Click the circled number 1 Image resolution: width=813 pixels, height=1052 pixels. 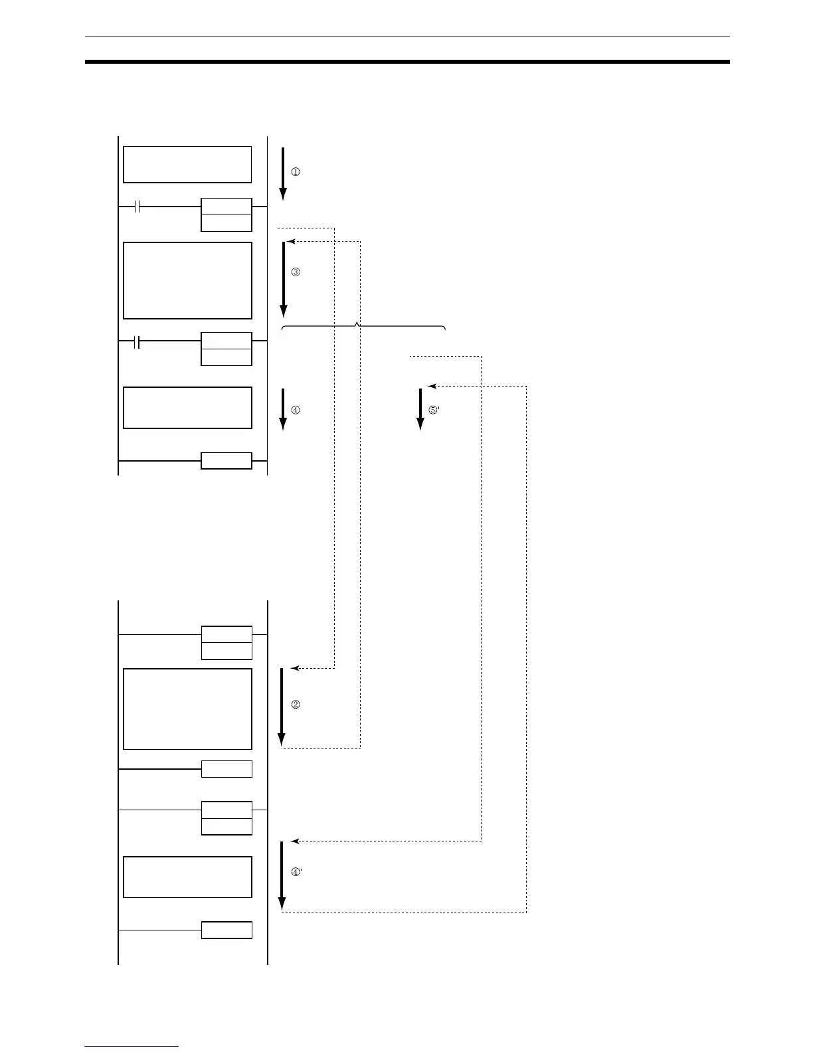[296, 172]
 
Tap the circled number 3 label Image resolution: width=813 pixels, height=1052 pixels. [296, 272]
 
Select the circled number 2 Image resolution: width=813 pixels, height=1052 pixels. [296, 705]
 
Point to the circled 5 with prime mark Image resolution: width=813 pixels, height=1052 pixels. [434, 410]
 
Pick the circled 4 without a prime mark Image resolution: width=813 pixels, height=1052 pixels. [296, 410]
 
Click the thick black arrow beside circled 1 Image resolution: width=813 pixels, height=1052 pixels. [283, 173]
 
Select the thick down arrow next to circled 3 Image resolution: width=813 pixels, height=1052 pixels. [284, 279]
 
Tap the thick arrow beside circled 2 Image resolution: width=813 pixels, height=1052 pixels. [282, 707]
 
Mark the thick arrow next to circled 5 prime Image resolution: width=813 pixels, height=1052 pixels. [420, 409]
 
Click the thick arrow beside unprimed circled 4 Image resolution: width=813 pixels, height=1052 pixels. [283, 409]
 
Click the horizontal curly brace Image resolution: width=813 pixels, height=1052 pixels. [363, 327]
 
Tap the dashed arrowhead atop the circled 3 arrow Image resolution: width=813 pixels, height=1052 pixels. [290, 242]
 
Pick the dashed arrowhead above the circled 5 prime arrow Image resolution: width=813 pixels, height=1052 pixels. [432, 386]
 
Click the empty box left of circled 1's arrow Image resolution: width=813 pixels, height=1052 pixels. [187, 164]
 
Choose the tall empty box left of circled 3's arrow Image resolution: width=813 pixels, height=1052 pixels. [187, 280]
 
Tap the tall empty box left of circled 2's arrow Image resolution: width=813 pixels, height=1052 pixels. [187, 709]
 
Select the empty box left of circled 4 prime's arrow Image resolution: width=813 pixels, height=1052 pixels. [187, 877]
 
